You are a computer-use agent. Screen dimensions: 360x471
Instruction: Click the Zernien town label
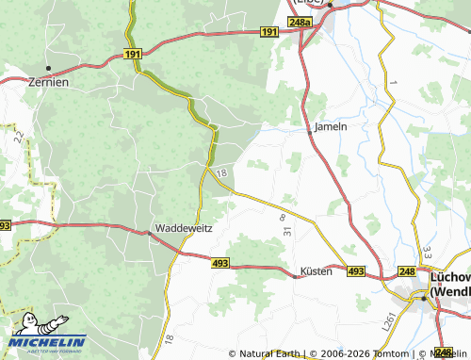click(48, 82)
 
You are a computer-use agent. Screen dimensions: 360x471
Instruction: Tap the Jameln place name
click(331, 126)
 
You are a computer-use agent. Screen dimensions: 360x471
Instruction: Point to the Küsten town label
click(316, 270)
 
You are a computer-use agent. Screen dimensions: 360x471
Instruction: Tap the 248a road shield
click(300, 22)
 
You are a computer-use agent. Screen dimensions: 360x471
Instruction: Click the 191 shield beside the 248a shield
click(269, 32)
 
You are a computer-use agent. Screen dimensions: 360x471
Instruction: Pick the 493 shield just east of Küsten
click(355, 271)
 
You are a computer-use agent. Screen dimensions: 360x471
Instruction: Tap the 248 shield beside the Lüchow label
click(407, 271)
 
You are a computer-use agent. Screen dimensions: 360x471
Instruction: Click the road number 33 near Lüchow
click(427, 252)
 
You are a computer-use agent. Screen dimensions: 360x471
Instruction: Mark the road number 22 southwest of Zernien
click(19, 137)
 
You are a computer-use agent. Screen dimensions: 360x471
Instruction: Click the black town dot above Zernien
click(47, 68)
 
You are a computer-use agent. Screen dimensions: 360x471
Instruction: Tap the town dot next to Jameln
click(310, 131)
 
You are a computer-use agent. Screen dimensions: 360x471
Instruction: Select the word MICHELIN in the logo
click(49, 341)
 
